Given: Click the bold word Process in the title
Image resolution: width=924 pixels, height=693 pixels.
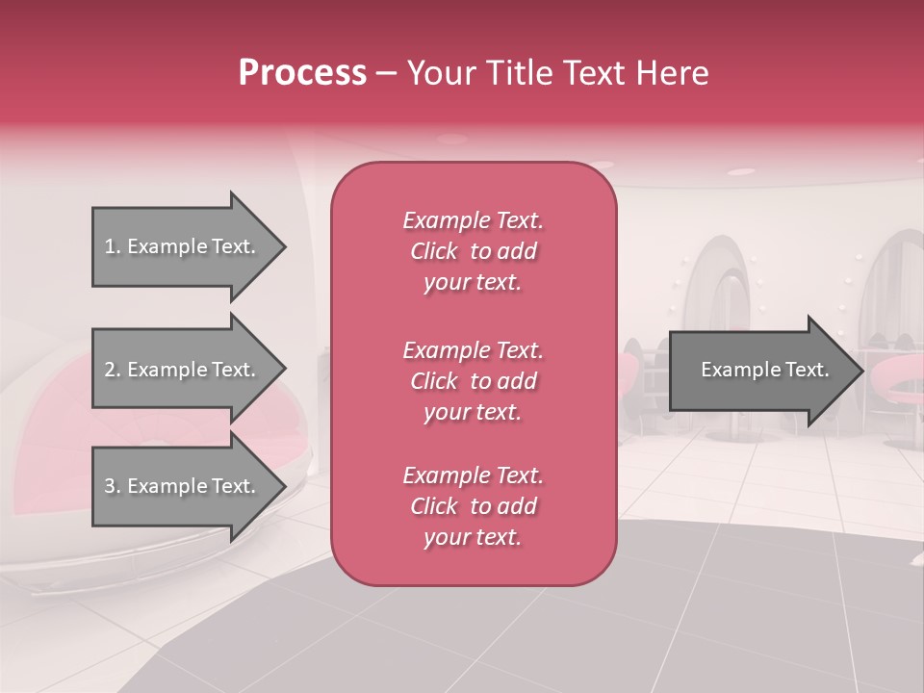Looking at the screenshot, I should click(x=302, y=73).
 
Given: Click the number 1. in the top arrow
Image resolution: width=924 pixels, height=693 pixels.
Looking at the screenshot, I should click(x=113, y=246).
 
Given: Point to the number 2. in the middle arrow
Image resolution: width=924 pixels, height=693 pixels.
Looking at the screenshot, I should click(x=113, y=370).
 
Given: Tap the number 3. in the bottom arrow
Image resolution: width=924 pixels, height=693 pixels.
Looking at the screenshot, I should click(x=113, y=486).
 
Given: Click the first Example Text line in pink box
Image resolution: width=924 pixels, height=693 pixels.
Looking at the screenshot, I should click(x=473, y=220).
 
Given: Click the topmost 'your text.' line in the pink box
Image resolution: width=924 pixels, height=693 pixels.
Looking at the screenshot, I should click(x=473, y=283).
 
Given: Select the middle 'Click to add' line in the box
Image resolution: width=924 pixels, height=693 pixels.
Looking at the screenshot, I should click(x=473, y=381).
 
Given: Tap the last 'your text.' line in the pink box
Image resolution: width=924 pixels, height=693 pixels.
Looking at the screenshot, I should click(x=473, y=538).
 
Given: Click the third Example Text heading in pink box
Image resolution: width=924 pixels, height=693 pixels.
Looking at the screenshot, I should click(x=473, y=475).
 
